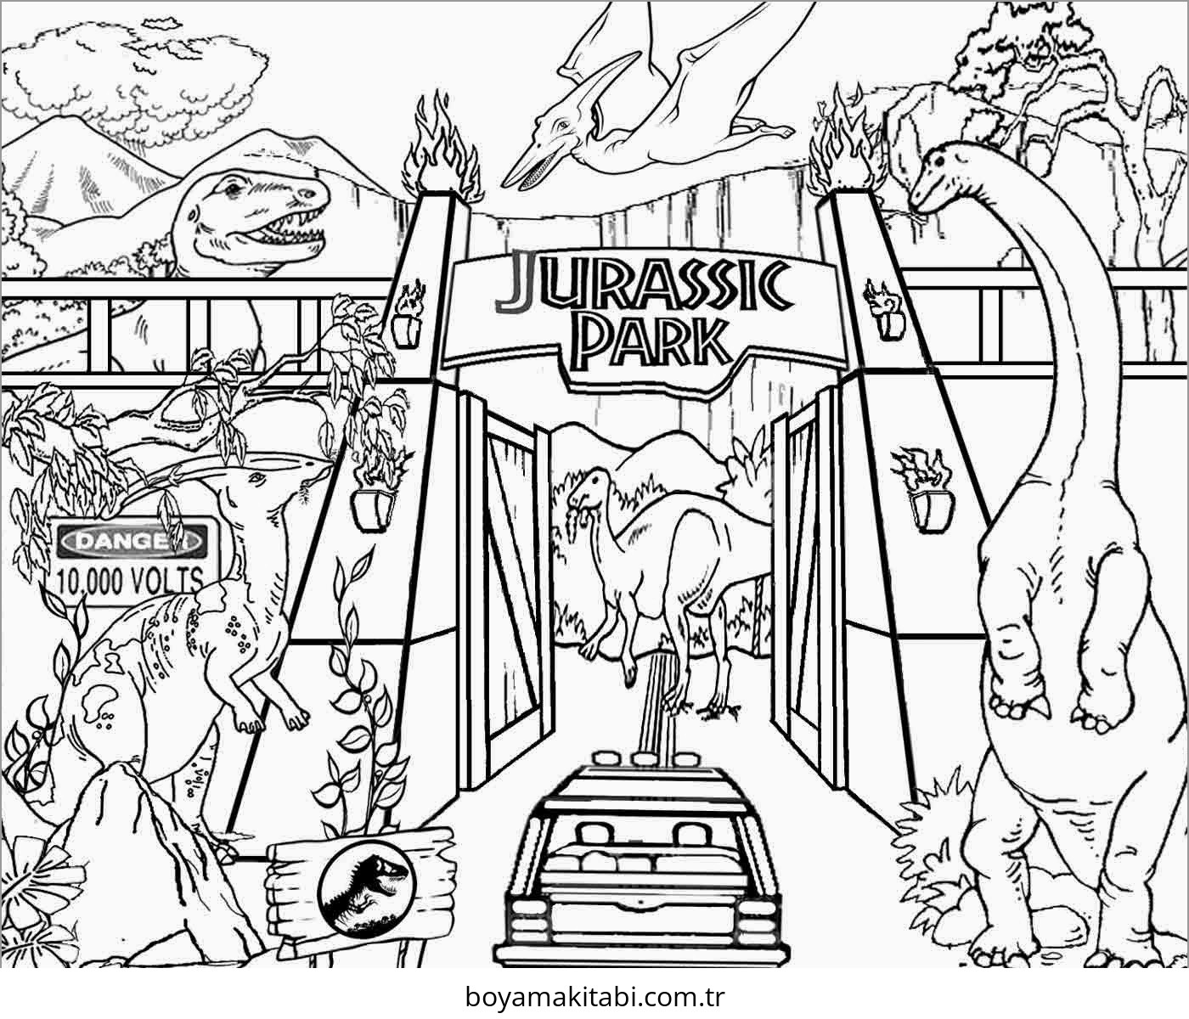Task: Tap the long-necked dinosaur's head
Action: coord(943,174)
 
